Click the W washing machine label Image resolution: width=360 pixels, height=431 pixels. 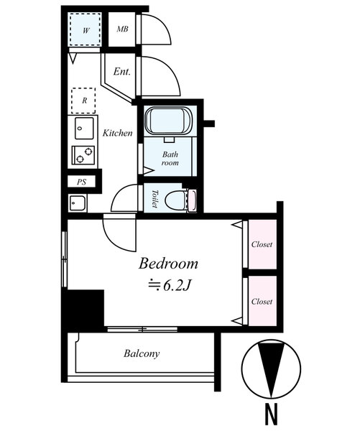click(86, 30)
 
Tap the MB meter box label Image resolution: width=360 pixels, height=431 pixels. click(122, 29)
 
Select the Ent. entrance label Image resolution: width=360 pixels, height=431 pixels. click(122, 72)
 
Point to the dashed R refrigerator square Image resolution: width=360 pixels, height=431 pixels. click(83, 101)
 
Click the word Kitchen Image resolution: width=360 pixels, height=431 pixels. click(117, 133)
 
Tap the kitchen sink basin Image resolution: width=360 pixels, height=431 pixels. click(84, 129)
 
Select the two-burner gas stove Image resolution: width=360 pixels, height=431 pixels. click(83, 155)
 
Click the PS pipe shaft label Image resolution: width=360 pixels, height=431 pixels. click(81, 182)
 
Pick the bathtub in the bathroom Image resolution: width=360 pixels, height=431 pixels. click(168, 121)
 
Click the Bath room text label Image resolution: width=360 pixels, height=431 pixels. click(170, 158)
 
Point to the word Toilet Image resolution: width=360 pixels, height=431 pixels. click(155, 198)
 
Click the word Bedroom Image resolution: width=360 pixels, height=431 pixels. click(168, 264)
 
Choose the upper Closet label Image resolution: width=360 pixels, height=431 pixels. click(262, 244)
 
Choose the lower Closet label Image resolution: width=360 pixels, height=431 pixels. click(262, 301)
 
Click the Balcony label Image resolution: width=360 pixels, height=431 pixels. click(142, 353)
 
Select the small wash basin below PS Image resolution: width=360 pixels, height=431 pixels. click(78, 203)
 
